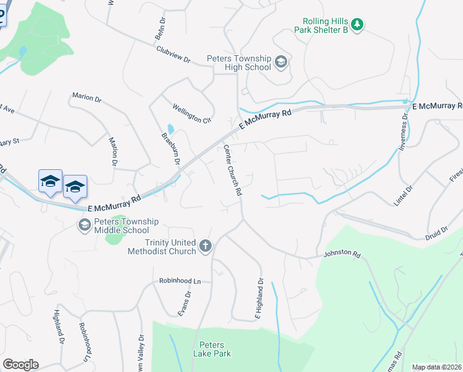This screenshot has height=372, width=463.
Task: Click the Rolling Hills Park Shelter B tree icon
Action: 357,25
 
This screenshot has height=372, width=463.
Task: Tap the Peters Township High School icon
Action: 280,61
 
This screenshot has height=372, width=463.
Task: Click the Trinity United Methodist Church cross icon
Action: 206,246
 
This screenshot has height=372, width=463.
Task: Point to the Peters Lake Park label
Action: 215,349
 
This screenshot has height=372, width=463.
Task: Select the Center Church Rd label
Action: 231,170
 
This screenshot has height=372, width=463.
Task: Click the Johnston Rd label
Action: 341,254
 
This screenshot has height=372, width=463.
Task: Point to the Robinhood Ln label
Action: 180,281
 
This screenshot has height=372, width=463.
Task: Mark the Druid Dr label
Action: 436,230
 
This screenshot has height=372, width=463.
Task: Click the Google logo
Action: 20,365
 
